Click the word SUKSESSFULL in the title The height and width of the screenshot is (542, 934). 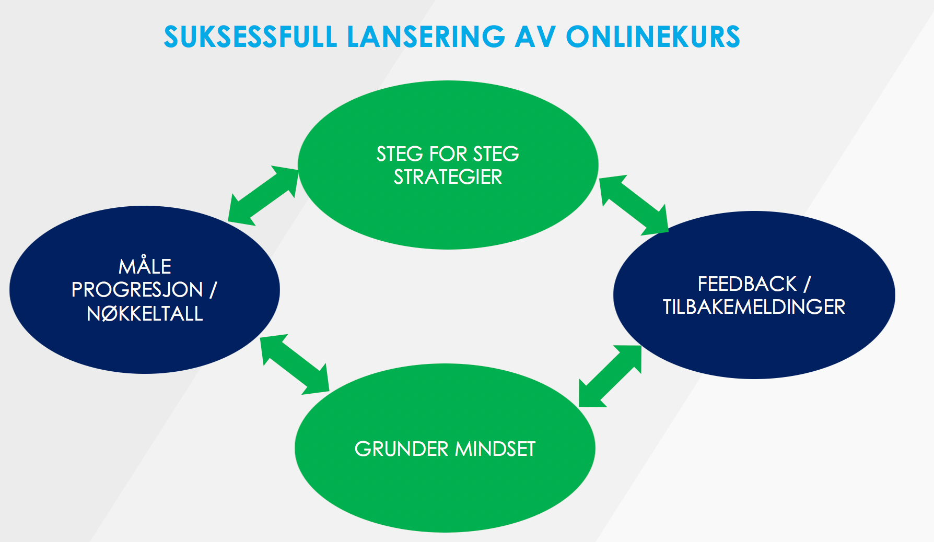click(x=250, y=37)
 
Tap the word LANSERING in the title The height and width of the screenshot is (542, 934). click(x=426, y=37)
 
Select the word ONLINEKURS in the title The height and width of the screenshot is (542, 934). click(x=653, y=37)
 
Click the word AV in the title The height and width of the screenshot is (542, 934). click(x=535, y=37)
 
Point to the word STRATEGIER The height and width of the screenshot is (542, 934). click(x=448, y=178)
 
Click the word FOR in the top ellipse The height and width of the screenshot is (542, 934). click(x=448, y=154)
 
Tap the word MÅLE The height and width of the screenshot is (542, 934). click(x=145, y=266)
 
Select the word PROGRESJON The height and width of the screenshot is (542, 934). click(x=137, y=290)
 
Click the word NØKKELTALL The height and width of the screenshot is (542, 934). click(x=145, y=313)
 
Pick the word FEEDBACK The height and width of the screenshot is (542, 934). click(x=747, y=284)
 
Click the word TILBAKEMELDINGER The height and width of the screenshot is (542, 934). click(x=754, y=307)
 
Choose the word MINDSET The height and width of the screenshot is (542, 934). click(x=495, y=449)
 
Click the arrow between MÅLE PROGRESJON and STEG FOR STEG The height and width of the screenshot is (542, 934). click(x=263, y=195)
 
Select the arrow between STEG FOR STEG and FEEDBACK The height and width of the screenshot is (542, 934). click(x=634, y=205)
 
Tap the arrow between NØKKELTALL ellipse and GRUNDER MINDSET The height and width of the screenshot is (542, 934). click(x=295, y=363)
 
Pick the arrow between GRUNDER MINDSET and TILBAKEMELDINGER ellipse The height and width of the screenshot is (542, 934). click(x=610, y=376)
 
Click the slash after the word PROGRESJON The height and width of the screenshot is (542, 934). click(x=213, y=290)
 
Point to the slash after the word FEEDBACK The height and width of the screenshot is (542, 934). click(x=807, y=284)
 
